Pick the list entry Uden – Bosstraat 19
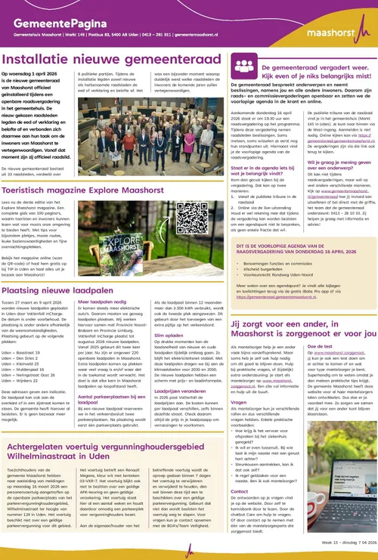[27, 351]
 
